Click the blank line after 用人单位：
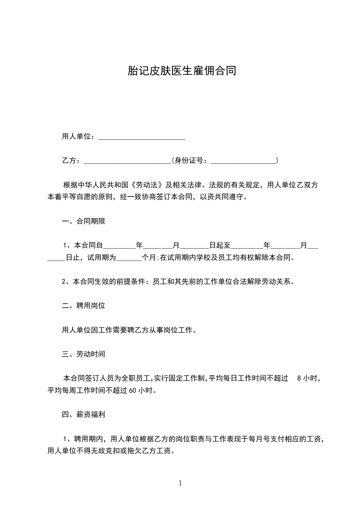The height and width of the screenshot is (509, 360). tap(142, 137)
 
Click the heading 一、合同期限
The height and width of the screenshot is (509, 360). tap(84, 222)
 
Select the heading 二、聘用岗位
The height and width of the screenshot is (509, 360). tap(84, 306)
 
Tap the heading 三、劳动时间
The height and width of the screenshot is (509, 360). tap(84, 353)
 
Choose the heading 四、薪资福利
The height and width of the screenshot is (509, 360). tap(84, 414)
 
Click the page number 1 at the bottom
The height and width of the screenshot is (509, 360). tap(180, 483)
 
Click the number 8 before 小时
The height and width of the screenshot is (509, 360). tap(298, 378)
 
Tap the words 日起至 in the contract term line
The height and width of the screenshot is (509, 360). tap(220, 246)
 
